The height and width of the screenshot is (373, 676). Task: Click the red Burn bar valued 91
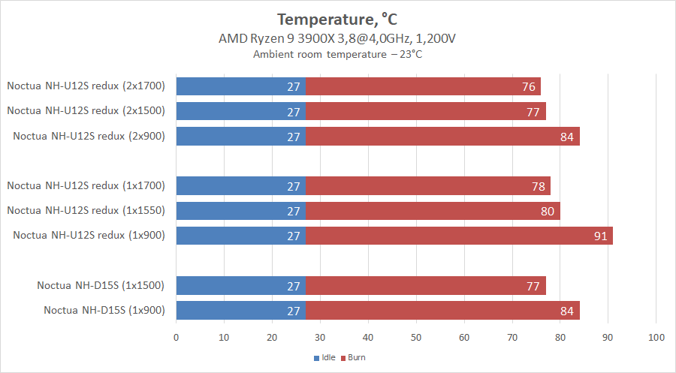[x=459, y=236]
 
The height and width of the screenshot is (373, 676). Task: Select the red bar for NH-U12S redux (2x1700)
[x=423, y=86]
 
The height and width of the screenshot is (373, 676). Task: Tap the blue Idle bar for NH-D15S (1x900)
[x=240, y=311]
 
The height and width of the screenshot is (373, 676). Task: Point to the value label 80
[x=548, y=211]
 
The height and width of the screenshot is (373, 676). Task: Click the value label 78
[x=538, y=186]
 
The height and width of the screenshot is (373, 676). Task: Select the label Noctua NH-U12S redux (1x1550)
[x=89, y=211]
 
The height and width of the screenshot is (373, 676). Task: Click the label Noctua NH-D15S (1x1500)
[x=101, y=285]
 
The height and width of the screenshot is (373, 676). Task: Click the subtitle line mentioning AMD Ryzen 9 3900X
[x=337, y=38]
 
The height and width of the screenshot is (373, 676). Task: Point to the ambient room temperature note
[x=337, y=54]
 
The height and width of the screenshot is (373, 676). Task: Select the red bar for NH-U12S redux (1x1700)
[x=428, y=186]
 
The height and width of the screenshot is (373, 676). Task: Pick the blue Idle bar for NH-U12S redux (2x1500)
[x=240, y=111]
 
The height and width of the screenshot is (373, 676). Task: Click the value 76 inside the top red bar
[x=528, y=86]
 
